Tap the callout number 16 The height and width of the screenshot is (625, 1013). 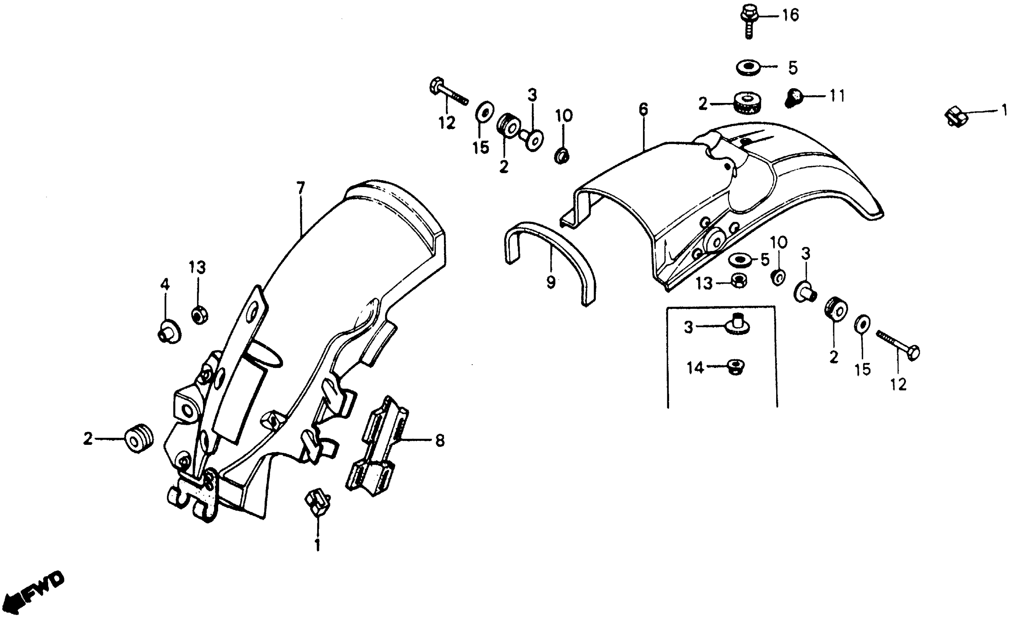(790, 16)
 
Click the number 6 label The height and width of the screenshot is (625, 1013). (643, 109)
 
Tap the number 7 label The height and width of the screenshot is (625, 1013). (301, 189)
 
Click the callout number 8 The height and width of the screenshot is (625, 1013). (440, 441)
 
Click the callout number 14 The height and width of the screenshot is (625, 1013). (694, 368)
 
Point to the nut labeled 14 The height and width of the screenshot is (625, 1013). (735, 367)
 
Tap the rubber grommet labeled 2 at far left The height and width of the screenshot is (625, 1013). (139, 438)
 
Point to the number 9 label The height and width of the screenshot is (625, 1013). (550, 283)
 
